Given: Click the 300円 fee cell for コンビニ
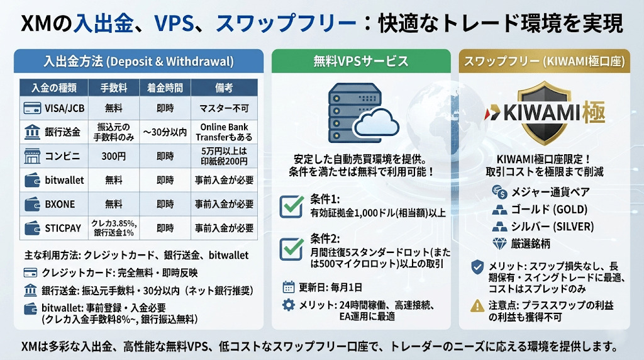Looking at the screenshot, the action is [x=114, y=156].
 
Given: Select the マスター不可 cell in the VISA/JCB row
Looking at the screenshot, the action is [x=225, y=108].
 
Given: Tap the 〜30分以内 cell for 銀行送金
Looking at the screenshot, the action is [x=165, y=132].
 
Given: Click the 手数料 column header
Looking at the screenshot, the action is [x=114, y=87].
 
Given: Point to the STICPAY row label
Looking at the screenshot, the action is [x=63, y=228].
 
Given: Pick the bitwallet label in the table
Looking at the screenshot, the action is [x=64, y=180].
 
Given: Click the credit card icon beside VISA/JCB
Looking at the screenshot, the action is [x=32, y=108].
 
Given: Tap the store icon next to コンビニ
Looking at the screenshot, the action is [x=32, y=156].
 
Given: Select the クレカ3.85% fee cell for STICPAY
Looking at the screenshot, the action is [x=114, y=228].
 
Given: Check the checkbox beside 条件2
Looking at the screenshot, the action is [x=292, y=248].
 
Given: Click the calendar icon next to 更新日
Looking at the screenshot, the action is [x=289, y=287].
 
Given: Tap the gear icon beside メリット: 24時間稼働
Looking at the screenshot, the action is [x=289, y=305].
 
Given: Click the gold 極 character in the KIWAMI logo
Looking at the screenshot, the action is [x=594, y=112].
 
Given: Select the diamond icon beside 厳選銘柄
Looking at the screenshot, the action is [x=499, y=244].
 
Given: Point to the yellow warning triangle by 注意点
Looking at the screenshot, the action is [x=477, y=305].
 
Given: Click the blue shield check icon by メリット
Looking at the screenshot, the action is [x=477, y=267].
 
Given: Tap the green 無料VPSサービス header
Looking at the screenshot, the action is [x=361, y=61].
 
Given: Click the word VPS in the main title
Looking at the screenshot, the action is [x=174, y=23].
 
